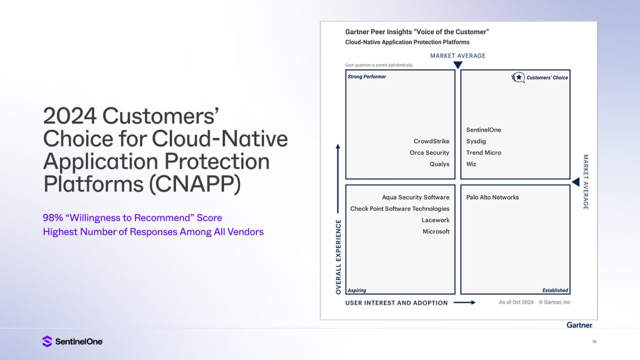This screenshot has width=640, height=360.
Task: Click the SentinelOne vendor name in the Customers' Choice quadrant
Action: point(483,130)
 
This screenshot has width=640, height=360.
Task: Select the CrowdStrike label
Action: point(431,141)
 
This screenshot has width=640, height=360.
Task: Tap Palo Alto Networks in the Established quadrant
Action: point(492,197)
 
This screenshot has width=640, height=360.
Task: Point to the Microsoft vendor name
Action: point(436,232)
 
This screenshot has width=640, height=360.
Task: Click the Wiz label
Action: point(471,164)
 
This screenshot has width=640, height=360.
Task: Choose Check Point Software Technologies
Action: point(400,209)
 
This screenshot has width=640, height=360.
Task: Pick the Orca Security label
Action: point(429,152)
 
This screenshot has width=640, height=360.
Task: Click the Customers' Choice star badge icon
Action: point(518,77)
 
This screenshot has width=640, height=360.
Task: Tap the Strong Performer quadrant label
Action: point(367,76)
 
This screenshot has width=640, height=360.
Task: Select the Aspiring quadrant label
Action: point(356,290)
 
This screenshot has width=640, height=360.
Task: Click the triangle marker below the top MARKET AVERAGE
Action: point(458,65)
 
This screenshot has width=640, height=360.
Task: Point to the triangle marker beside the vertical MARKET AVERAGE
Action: point(576,182)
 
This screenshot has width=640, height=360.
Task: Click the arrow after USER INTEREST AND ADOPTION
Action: point(465,302)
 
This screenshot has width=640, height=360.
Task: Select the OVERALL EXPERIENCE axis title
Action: point(339,257)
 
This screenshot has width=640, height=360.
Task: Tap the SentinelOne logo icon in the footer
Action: point(47,341)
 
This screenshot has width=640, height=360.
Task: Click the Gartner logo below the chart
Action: point(580,325)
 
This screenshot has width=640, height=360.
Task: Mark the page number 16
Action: point(594,342)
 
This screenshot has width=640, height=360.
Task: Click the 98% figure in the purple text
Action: point(53,217)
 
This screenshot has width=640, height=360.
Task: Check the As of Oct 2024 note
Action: point(516,302)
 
